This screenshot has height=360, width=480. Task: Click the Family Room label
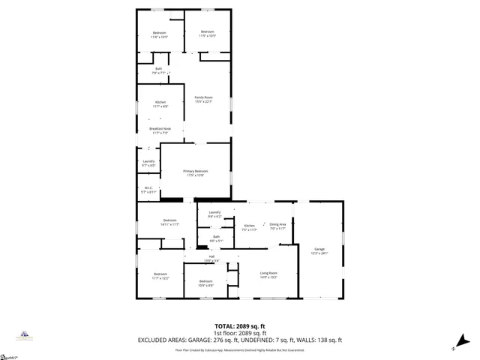(x=204, y=97)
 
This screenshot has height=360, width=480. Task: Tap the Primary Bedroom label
(x=196, y=171)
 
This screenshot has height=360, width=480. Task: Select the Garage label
(x=319, y=249)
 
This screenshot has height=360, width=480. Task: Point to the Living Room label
(x=269, y=273)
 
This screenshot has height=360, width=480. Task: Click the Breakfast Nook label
(x=160, y=129)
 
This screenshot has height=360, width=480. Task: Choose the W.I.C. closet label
(x=148, y=188)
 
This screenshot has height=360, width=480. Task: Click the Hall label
(x=212, y=257)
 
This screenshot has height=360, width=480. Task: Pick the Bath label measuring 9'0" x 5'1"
(x=216, y=237)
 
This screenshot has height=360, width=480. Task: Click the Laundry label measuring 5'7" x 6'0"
(x=148, y=161)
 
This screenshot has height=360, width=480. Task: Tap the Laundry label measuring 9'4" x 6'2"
(x=214, y=213)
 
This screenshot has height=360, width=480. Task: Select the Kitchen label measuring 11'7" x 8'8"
(x=160, y=102)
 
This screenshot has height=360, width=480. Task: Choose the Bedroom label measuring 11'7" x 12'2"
(x=160, y=274)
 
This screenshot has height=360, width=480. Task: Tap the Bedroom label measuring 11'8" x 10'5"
(x=160, y=33)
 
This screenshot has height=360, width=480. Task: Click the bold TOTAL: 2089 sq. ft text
(x=240, y=325)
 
